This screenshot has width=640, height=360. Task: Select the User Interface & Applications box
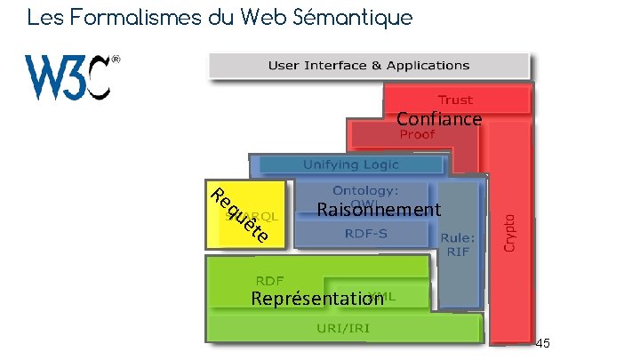coord(369,65)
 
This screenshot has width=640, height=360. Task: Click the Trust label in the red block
coord(455,100)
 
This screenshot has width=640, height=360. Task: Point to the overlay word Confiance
coord(439,119)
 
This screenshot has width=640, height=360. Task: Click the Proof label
coord(417,135)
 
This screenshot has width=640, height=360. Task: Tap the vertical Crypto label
coord(510,230)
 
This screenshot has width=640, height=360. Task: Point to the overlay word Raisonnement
coord(379,210)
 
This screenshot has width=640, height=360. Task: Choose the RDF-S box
coord(365,234)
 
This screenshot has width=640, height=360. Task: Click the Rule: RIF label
coord(458,244)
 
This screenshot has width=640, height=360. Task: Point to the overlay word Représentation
coord(316,299)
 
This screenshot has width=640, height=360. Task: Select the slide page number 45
coord(543,343)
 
